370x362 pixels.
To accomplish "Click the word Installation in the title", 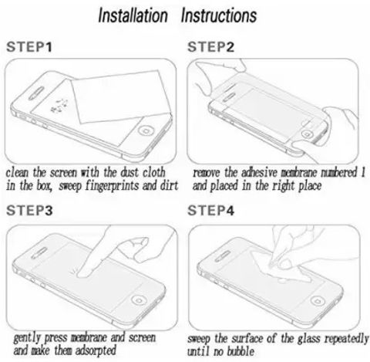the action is point(133,15).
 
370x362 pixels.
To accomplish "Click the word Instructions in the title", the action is point(219,15).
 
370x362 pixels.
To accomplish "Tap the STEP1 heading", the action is point(29,47).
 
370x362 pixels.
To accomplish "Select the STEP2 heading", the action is point(210,47).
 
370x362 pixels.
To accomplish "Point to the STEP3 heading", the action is point(29,211).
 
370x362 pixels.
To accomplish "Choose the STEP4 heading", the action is point(210,211).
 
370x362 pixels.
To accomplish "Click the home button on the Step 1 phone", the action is point(146,130).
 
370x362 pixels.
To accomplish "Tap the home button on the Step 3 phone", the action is point(139,300).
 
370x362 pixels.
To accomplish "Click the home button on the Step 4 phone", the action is point(318,301).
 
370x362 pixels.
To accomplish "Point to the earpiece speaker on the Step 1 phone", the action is point(36,93).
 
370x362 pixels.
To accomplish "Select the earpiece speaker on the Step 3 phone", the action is point(39,252).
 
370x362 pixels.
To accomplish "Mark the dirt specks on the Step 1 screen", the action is point(59,106).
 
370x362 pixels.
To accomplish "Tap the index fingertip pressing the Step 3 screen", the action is point(83,273).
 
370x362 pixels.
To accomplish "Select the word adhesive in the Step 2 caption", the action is point(259,172).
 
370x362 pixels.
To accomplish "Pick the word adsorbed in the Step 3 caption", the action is point(96,350).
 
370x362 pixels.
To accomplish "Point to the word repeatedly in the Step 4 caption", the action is point(346,339).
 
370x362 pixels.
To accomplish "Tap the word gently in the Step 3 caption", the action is point(27,338).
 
